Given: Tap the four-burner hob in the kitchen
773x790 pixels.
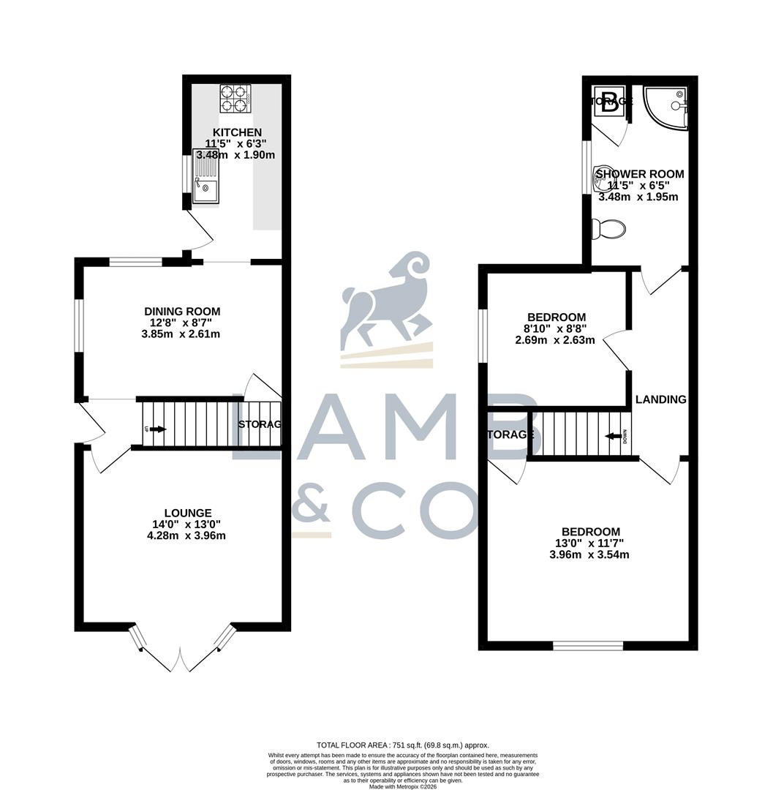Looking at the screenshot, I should tap(236, 99).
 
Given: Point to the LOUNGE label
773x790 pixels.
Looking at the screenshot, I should tap(188, 513).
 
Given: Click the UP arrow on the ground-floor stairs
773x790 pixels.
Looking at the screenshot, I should tap(155, 429).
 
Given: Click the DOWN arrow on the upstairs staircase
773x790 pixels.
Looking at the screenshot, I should tap(613, 437).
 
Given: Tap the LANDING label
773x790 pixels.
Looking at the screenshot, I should tap(660, 399).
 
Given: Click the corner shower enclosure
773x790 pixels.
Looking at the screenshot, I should tap(667, 108).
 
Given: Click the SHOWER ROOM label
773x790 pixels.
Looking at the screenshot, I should tap(640, 174).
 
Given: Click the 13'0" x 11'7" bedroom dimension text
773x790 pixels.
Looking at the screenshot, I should tap(590, 543).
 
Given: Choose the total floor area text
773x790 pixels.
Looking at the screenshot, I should tap(401, 745).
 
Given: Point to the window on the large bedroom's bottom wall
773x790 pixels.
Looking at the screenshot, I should tap(588, 645).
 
